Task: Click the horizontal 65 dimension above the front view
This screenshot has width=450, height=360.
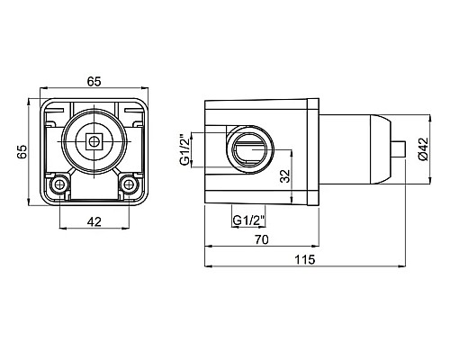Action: point(94,81)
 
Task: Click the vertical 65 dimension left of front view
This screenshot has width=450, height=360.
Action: point(22,151)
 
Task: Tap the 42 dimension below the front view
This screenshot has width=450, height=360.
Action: point(94,221)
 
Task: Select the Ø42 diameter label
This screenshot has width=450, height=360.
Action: point(424,149)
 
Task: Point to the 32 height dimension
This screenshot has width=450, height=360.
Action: point(285,176)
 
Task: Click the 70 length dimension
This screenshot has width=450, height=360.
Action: point(262,239)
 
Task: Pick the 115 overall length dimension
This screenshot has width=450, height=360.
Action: point(305,259)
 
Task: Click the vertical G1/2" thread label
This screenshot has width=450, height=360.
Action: point(185,150)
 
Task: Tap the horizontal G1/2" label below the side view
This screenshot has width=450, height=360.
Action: point(249,220)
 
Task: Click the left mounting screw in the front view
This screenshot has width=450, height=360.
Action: point(59,184)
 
